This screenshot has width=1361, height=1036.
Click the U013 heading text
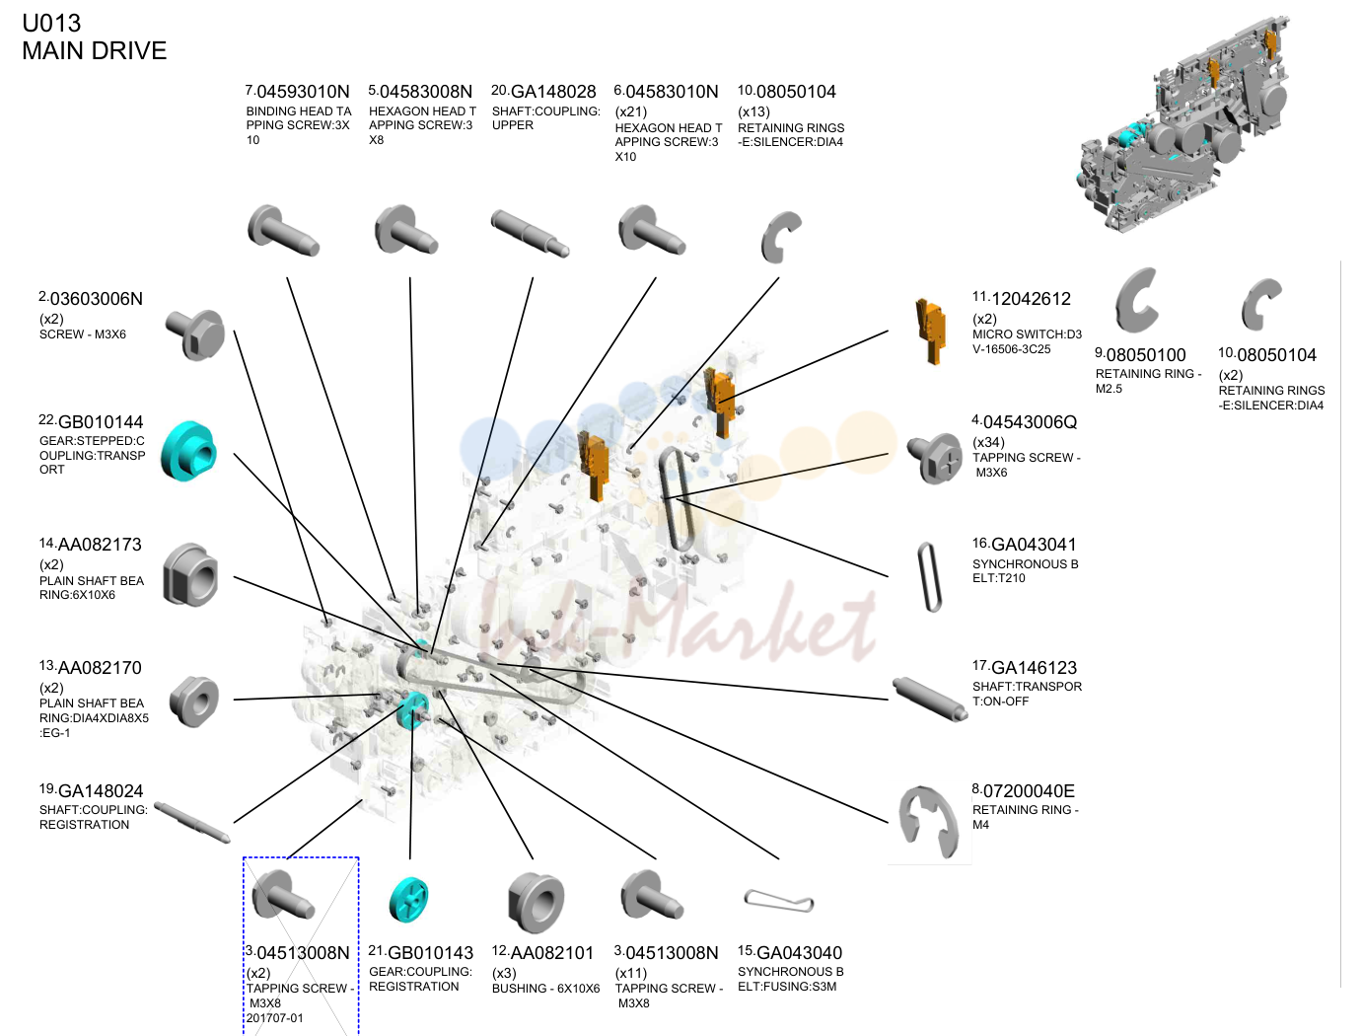point(51,23)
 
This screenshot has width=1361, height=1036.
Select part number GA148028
point(553,92)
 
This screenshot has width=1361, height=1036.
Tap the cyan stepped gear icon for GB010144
point(188,451)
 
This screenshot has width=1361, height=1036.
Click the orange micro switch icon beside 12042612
point(931,331)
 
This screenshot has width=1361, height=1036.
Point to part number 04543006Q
point(1030,422)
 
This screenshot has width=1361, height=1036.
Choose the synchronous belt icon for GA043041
point(929,577)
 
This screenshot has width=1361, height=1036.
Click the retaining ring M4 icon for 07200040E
point(928,823)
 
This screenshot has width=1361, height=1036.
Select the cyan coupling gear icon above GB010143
point(408,899)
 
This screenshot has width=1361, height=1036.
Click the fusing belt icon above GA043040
point(779,901)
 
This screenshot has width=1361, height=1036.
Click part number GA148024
point(101,791)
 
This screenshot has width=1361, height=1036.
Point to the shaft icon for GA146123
point(930,700)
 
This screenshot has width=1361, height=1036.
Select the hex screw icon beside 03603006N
point(194,335)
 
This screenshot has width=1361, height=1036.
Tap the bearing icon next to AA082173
point(191,575)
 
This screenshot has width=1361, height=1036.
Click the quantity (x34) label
point(988,442)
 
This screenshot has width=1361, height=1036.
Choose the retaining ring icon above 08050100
point(1136,301)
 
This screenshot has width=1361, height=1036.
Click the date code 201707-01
point(275,1018)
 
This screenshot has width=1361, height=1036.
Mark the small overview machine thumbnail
point(1183,124)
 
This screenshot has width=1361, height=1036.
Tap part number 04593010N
point(303,92)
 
